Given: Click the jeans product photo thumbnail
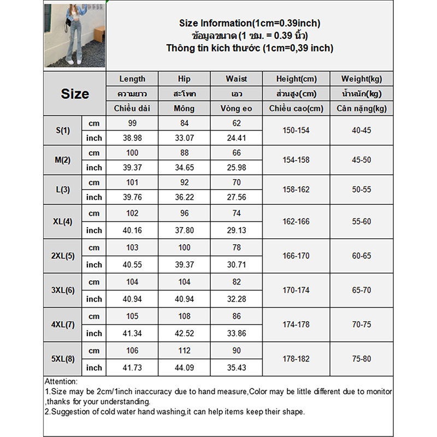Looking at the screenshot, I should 74,36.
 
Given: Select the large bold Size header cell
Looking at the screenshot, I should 75,93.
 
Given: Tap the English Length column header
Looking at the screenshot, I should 132,79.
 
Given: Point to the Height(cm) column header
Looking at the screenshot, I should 296,79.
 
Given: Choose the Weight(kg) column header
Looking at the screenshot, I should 361,79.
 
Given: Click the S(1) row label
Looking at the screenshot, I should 63,131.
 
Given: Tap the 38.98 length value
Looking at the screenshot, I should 132,138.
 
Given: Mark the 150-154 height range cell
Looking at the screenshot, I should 296,131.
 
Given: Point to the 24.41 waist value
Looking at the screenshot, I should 236,138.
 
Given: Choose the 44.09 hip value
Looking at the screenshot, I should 184,368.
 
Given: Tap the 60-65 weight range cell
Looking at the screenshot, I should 361,256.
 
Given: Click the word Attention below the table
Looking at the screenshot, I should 61,382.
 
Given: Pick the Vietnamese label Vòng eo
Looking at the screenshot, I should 236,108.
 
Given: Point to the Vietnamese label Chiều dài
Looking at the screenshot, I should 132,108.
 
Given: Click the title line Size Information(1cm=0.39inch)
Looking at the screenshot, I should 250,23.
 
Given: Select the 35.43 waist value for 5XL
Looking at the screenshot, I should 236,368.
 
